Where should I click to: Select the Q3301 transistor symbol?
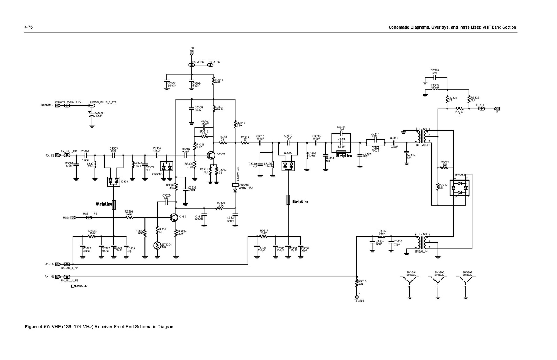pyautogui.click(x=174, y=218)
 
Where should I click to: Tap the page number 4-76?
pyautogui.click(x=29, y=27)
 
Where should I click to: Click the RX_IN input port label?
pyautogui.click(x=49, y=155)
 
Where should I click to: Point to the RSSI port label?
pyautogui.click(x=66, y=218)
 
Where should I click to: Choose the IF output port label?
pyautogui.click(x=497, y=112)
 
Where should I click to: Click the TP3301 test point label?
pyautogui.click(x=359, y=301)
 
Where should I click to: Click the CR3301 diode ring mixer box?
pyautogui.click(x=460, y=188)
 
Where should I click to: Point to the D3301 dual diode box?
pyautogui.click(x=113, y=181)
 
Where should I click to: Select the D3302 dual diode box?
pyautogui.click(x=288, y=166)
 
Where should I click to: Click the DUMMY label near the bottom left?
pyautogui.click(x=82, y=286)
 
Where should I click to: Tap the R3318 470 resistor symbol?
pyautogui.click(x=356, y=283)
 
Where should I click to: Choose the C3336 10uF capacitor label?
pyautogui.click(x=99, y=114)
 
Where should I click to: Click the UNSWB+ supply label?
pyautogui.click(x=47, y=105)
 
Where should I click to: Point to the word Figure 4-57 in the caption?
pyautogui.click(x=37, y=327)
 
